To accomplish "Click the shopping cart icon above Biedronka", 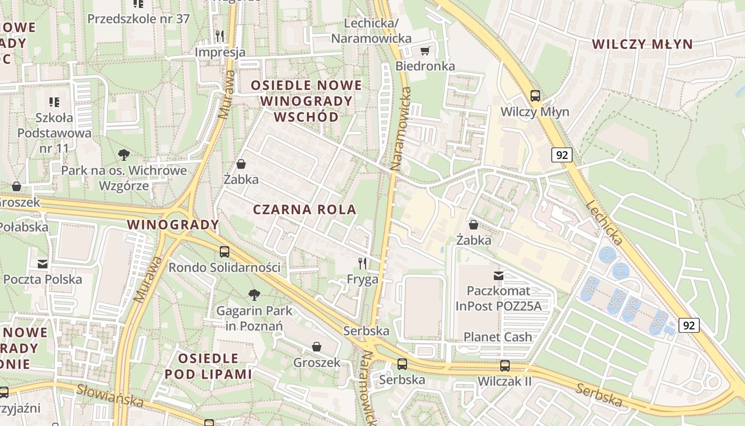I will pos(425,51).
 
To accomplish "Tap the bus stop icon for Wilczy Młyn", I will pos(535,96).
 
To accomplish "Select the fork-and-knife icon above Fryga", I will pos(362,263).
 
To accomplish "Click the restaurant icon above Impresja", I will pos(219,36).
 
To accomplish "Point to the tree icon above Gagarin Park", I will pos(254,294).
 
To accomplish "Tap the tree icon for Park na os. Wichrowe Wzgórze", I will pos(124,155).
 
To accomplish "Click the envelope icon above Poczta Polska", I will pos(43,264).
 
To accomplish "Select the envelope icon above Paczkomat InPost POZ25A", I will pos(499,275).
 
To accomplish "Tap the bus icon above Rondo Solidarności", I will pos(225,252).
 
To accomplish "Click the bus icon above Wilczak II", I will pos(504,366).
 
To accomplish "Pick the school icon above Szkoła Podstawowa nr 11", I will pos(54,102).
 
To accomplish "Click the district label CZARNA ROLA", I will pos(304,209).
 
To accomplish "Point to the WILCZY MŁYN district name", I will pos(642,44).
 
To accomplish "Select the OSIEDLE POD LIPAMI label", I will pos(208,366).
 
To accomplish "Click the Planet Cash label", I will pos(498,337).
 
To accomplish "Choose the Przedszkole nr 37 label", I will pos(138,19).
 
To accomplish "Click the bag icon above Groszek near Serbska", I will pos(317,347).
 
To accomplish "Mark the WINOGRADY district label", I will pos(173,225).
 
